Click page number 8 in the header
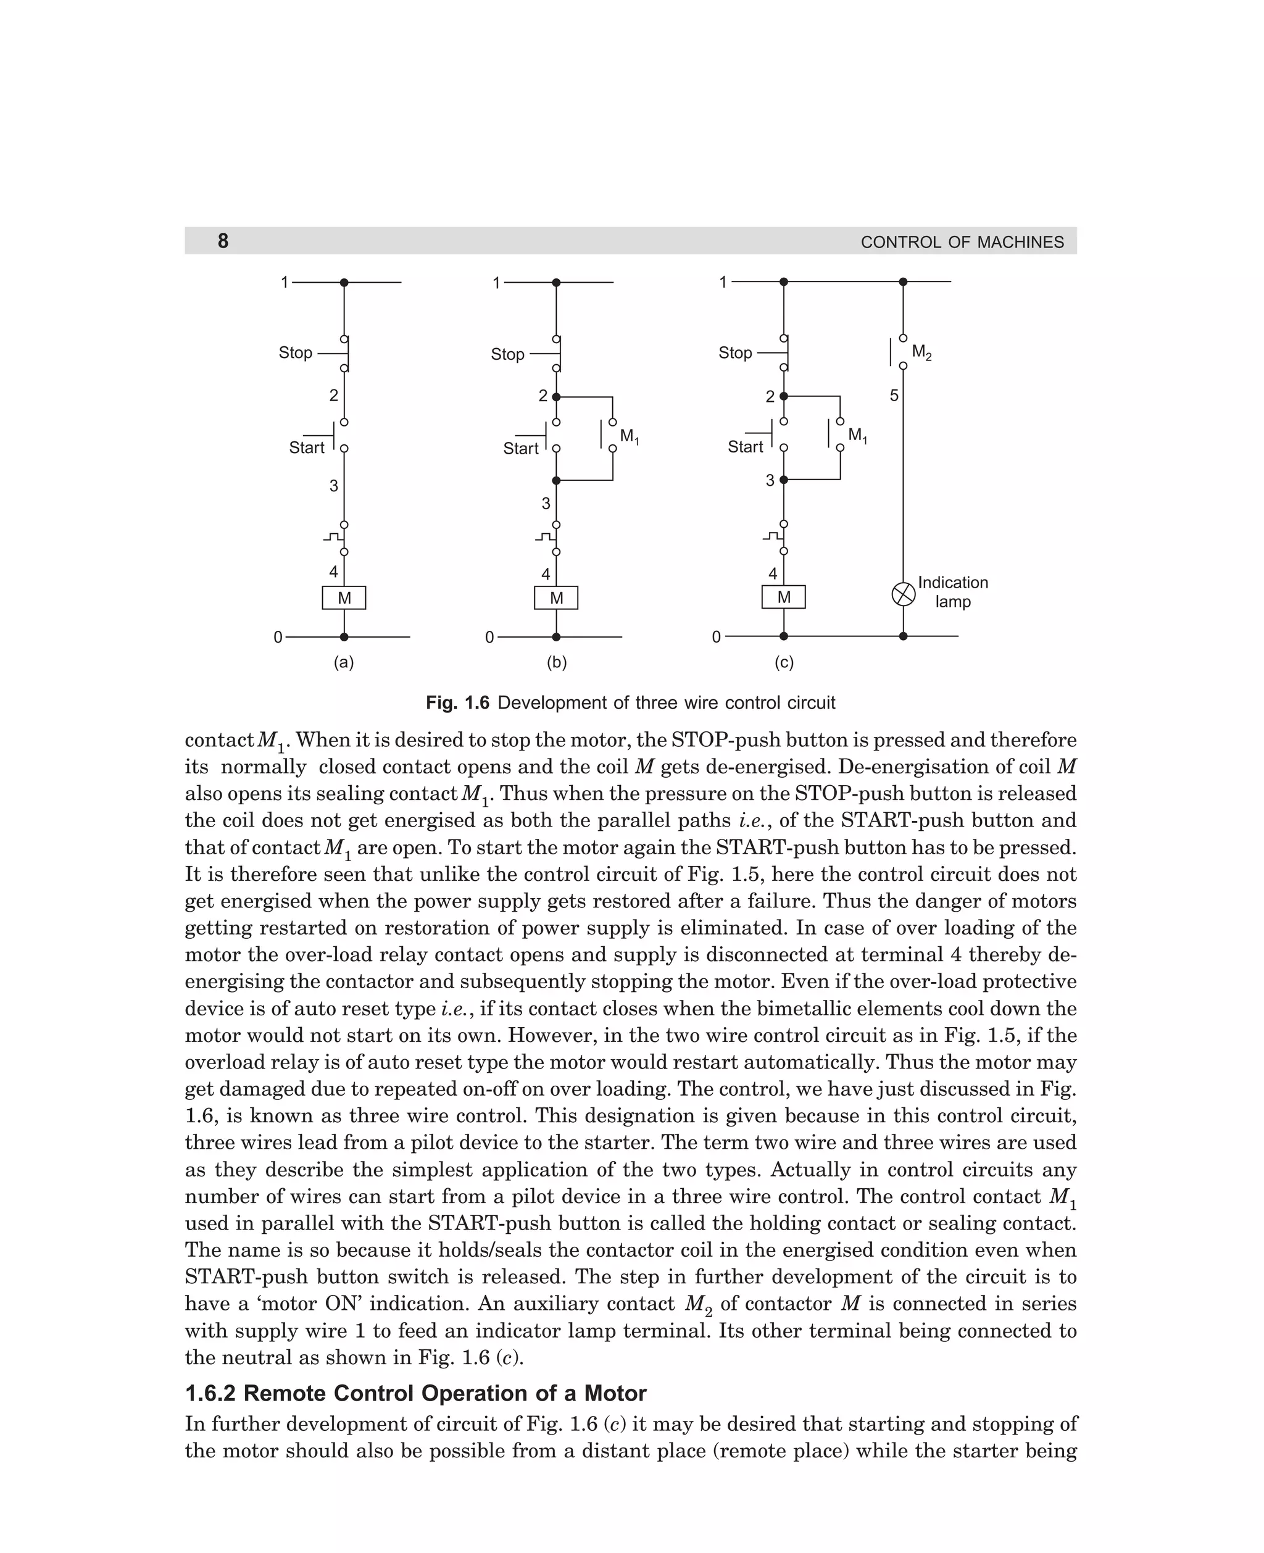click(x=223, y=241)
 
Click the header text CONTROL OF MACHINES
click(x=961, y=243)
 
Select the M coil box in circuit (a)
click(x=344, y=597)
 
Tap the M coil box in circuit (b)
click(x=556, y=597)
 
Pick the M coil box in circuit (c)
click(x=783, y=597)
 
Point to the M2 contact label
click(x=921, y=353)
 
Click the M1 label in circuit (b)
click(x=629, y=437)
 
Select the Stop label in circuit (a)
click(x=295, y=352)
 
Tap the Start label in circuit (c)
click(x=745, y=446)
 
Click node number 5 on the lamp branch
click(x=894, y=396)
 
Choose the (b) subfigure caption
click(x=556, y=662)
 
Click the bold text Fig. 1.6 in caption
click(x=457, y=702)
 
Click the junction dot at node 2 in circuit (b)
click(x=556, y=397)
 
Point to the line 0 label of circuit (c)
click(x=716, y=637)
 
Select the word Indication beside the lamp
click(x=952, y=583)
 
